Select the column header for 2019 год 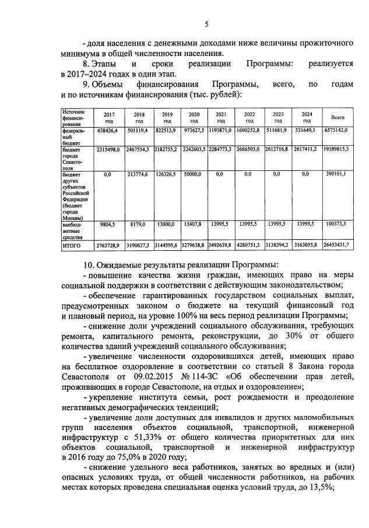tap(167, 117)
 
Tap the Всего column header tap(338, 117)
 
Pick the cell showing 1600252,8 tap(249, 131)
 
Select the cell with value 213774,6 tap(139, 174)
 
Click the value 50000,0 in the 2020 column tap(194, 174)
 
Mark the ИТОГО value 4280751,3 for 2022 tap(249, 244)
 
